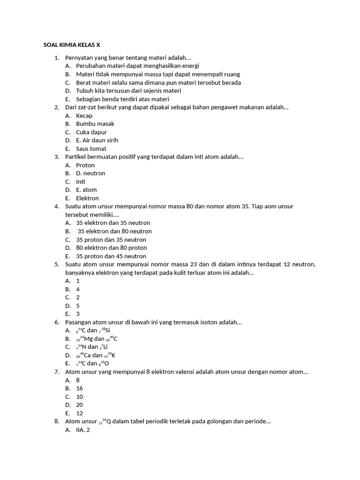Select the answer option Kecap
84,116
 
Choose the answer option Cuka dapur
91,132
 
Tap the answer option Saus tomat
91,149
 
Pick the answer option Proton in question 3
85,165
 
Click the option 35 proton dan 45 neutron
111,256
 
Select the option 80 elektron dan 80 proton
111,247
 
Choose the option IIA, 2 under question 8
82,429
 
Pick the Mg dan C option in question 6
97,338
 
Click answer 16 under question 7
79,388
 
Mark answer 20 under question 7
79,405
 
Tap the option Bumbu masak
95,124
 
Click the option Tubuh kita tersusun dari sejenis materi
128,90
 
